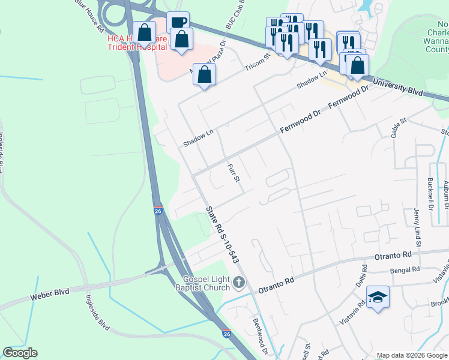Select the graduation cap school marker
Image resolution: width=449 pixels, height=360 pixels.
[378, 297]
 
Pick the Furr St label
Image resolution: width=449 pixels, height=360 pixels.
[234, 173]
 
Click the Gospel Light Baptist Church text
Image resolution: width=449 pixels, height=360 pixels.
[207, 284]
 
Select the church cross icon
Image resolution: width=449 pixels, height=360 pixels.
[240, 282]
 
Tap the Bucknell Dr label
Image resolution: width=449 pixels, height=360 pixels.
[431, 195]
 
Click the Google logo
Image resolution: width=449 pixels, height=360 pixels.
[20, 353]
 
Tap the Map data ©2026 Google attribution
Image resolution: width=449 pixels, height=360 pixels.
[412, 355]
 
